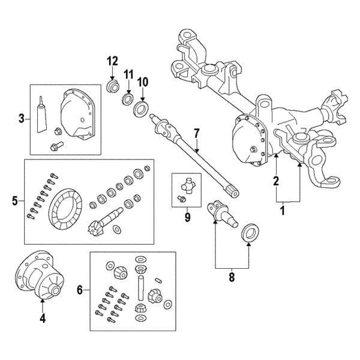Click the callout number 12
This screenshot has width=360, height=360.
point(113,61)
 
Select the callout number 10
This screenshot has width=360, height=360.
point(143,81)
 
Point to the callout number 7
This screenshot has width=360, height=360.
point(196,132)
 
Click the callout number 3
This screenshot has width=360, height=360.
point(21,119)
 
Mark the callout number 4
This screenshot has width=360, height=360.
point(43,319)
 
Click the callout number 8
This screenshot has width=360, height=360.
point(232,278)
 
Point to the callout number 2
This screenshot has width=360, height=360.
point(276,180)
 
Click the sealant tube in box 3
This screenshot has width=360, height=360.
point(41,114)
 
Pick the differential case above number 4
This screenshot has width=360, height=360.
point(42,278)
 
